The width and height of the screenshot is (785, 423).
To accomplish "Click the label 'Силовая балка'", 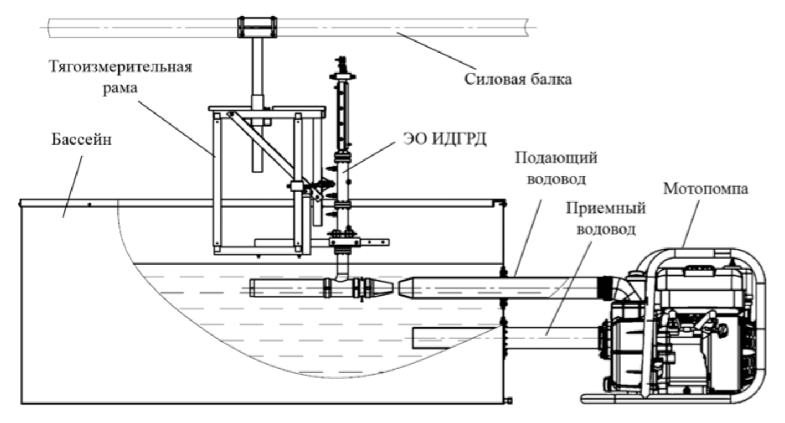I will pos(517,78).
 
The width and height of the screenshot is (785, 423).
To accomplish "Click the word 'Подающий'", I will pos(556,157).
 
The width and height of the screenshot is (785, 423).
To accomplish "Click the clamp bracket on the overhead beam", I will pos(257,27).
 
